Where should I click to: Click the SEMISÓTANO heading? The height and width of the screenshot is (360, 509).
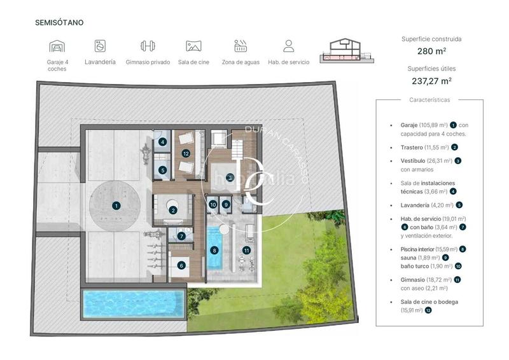point(59,23)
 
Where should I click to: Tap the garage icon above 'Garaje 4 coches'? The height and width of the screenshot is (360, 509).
point(57,46)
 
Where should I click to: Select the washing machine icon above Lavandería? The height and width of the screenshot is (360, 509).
point(100,46)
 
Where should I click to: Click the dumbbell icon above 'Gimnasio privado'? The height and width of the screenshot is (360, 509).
point(148,46)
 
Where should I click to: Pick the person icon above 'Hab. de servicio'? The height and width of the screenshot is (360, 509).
point(288,46)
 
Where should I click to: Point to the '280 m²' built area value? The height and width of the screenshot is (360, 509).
point(432,51)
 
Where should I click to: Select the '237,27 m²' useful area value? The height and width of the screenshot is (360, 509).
point(432,81)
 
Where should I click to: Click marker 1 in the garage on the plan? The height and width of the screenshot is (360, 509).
point(116,205)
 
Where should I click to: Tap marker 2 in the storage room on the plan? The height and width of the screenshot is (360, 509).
point(172,211)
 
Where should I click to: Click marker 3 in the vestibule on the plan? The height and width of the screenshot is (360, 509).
point(230,177)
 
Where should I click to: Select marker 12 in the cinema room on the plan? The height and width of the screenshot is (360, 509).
point(186,153)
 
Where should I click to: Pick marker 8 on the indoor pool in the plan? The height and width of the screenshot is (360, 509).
point(214,251)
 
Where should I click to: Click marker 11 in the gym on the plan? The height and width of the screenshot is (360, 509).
point(246,251)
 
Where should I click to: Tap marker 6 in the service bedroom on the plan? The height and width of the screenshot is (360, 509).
point(181,265)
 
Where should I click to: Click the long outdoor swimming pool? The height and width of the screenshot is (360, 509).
point(134,304)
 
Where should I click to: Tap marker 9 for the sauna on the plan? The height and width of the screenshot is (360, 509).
point(227,205)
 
